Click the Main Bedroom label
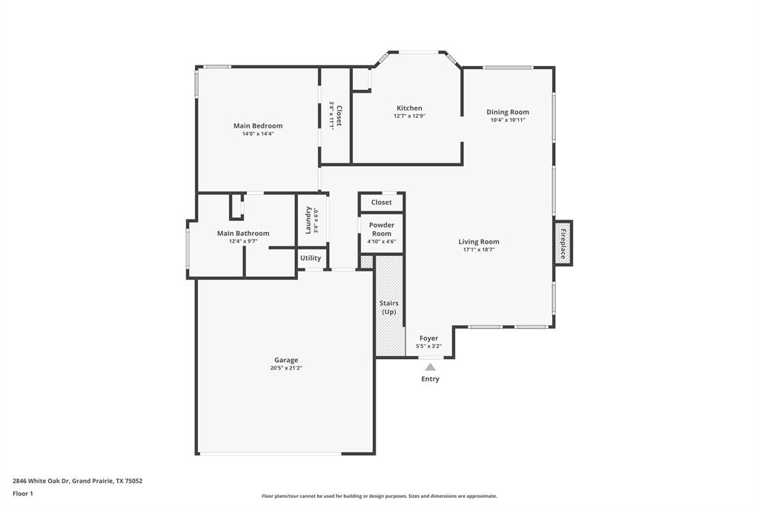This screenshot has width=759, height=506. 258,125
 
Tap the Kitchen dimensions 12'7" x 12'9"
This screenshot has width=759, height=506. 409,116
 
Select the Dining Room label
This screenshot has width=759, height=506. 508,112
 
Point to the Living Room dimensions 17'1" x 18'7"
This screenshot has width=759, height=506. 479,249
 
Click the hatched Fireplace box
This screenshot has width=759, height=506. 563,243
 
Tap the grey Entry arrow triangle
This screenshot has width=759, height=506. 430,367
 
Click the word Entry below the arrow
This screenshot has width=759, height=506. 431,378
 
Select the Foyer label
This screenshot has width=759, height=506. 429,338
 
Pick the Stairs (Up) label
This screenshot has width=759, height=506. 389,307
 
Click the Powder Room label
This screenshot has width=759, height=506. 382,229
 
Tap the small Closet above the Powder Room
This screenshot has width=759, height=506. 382,202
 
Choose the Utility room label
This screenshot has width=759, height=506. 311,258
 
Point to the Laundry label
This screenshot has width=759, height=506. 308,220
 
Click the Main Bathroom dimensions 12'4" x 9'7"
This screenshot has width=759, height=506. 243,241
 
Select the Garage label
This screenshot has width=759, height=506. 286,360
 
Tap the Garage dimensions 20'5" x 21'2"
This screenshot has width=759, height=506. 286,368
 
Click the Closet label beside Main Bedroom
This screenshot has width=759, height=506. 339,116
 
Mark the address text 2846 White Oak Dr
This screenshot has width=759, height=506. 42,482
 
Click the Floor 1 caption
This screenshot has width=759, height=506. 23,494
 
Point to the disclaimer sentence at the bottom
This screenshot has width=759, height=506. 379,496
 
